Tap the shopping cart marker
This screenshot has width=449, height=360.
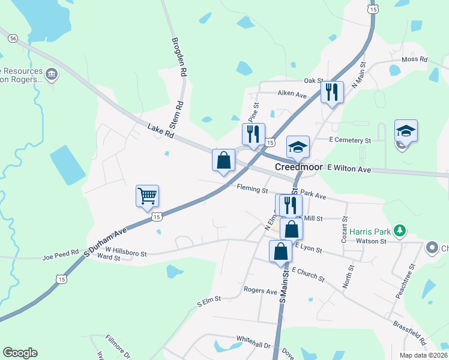tap(147, 196)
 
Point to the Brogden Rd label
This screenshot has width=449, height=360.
tap(178, 58)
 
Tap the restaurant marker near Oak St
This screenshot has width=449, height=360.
tap(331, 92)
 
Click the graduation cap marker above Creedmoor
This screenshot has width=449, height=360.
tap(298, 146)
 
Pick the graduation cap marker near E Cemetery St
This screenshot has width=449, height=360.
tap(406, 131)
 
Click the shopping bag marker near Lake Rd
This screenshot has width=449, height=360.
tap(223, 160)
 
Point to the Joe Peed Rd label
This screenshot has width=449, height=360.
tap(61, 256)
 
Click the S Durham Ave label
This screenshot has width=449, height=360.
tap(106, 239)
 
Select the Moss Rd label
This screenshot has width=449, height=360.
tap(414, 59)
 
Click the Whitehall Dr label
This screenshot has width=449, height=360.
tap(254, 345)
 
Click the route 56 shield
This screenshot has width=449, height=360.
tap(13, 38)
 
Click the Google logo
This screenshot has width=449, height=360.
tap(20, 353)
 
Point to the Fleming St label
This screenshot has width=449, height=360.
tap(252, 190)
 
